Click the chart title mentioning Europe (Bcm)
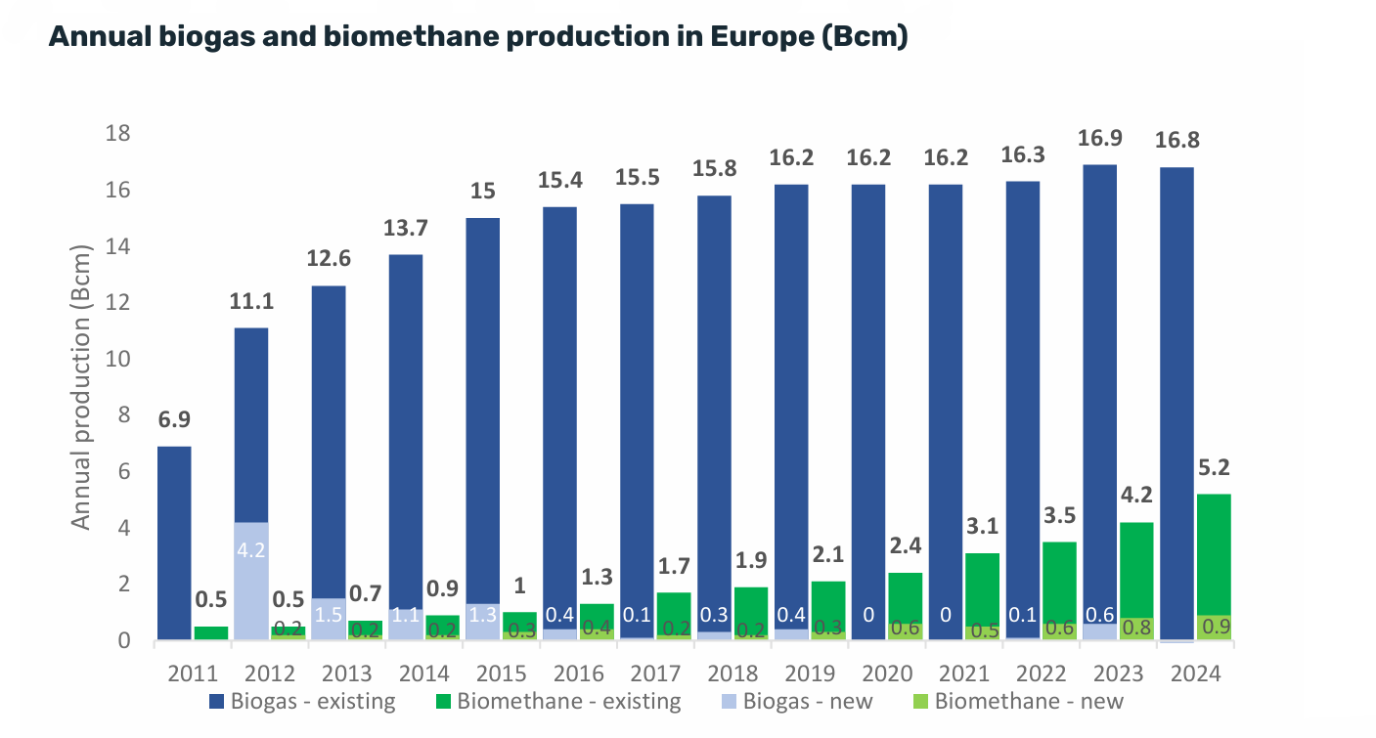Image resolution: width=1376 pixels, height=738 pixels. (x=478, y=37)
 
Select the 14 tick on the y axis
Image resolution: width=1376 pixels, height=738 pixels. (x=117, y=246)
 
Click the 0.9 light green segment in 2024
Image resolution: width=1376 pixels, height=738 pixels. (x=1214, y=628)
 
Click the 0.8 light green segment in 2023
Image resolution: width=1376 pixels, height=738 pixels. (x=1136, y=629)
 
